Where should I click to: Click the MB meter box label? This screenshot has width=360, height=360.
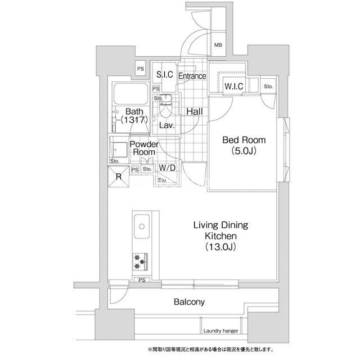point(218,45)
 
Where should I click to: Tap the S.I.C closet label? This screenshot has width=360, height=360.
point(165,74)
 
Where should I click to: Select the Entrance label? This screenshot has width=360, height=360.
point(192,76)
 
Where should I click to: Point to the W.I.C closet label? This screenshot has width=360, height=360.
point(234,86)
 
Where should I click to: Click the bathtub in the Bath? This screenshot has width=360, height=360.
point(131,94)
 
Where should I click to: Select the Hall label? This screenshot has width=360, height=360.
point(195,111)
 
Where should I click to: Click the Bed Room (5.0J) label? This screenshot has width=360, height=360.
point(244,145)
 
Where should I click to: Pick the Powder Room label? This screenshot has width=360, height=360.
point(144,148)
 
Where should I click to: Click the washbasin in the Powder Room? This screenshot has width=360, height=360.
point(119,150)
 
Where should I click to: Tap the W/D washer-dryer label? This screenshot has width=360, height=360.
point(167,168)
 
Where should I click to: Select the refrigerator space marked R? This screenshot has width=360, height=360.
point(119,177)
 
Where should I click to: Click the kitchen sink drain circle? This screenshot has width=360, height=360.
point(142,227)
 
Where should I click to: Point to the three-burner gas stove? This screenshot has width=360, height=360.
point(140,262)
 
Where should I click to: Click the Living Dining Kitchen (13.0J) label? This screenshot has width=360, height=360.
point(220,236)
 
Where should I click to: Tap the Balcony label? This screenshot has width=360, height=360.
point(189,302)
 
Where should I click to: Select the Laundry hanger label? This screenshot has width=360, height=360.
point(220,331)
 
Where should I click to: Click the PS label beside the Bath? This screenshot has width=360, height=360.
point(141,69)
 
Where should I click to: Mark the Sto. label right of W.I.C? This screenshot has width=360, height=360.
point(268,86)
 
